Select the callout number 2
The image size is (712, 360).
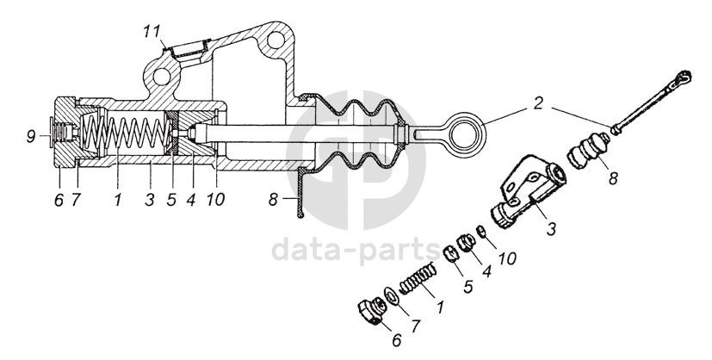(x=537, y=104)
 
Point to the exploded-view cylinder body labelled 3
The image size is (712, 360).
(x=525, y=195)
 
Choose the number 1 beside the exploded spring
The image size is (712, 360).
(x=441, y=306)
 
